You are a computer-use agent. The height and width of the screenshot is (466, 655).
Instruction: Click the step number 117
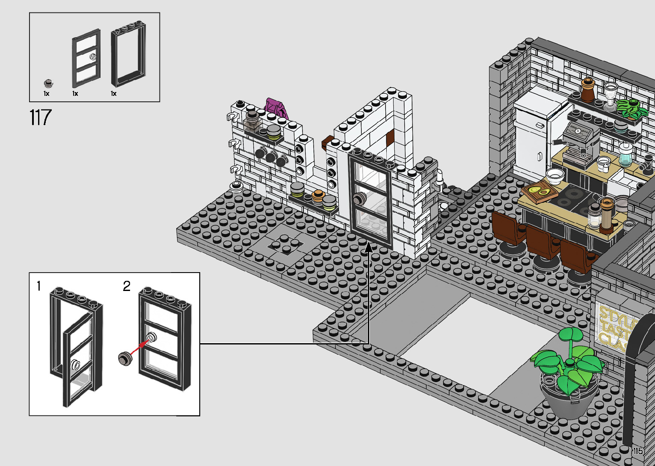click(x=41, y=117)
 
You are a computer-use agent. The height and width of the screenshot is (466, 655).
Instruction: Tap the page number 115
click(x=638, y=451)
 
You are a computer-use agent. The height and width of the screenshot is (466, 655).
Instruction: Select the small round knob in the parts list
click(x=49, y=83)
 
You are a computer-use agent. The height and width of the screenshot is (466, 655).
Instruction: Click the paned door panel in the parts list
click(x=86, y=60)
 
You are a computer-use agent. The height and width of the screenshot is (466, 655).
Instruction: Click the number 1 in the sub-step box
click(x=39, y=286)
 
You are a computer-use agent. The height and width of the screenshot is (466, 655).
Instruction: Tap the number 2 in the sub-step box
click(x=127, y=286)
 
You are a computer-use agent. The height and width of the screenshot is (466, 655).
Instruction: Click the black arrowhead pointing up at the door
click(x=368, y=248)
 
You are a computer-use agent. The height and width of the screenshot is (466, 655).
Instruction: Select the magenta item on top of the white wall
click(x=276, y=107)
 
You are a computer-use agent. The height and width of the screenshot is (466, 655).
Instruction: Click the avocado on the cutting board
click(x=536, y=190)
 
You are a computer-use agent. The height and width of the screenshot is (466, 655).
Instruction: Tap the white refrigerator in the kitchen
click(x=533, y=137)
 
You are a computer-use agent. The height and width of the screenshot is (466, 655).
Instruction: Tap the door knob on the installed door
click(x=359, y=199)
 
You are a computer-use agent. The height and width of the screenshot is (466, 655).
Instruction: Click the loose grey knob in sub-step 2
click(x=125, y=358)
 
